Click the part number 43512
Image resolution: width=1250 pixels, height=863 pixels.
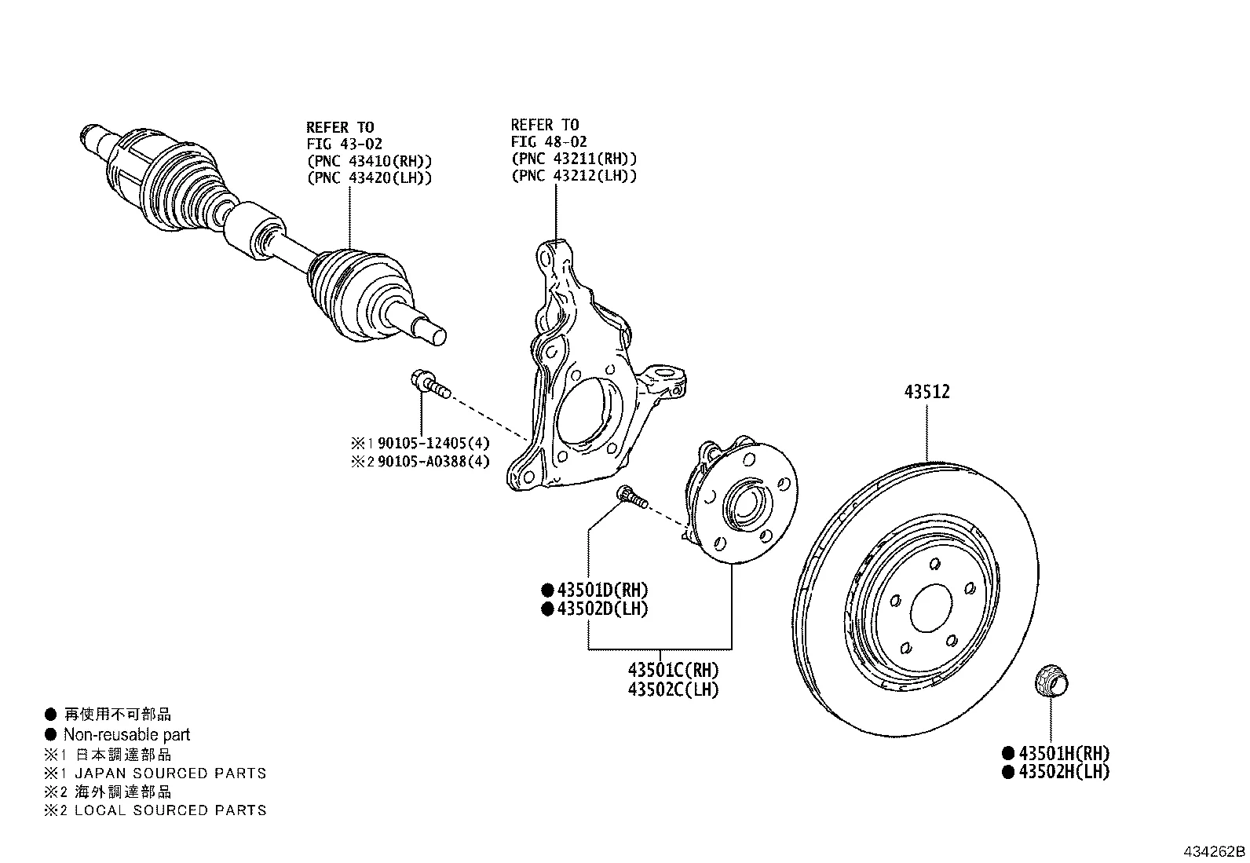click(x=927, y=392)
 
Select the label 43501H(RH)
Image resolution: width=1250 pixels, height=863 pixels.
click(x=1063, y=753)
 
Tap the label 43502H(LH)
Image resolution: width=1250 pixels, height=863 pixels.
click(x=1063, y=772)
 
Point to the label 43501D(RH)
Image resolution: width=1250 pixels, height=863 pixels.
click(x=602, y=590)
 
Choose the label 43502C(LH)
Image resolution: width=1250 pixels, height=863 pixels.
click(x=673, y=689)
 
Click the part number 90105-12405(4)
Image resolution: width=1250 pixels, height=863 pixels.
click(x=433, y=443)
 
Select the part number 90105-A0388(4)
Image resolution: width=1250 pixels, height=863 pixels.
click(x=433, y=462)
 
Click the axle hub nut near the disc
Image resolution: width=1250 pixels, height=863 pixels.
click(x=1051, y=682)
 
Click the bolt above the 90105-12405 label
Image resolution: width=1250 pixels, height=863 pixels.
click(x=428, y=384)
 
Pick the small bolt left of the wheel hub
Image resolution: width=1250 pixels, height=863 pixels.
click(x=632, y=496)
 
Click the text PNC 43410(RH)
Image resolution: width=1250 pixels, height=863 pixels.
click(x=369, y=161)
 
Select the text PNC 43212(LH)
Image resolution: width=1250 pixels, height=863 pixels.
click(x=574, y=175)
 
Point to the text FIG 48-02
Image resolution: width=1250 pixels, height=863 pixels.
click(x=549, y=142)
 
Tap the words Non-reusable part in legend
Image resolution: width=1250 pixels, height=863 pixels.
click(x=126, y=735)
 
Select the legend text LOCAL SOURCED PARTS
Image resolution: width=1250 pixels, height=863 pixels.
click(x=170, y=810)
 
